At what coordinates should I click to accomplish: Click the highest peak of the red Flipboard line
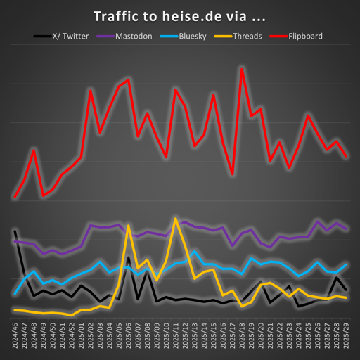pyautogui.click(x=242, y=69)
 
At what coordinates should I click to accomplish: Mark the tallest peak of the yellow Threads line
pyautogui.click(x=175, y=219)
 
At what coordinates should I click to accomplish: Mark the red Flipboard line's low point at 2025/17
pyautogui.click(x=232, y=173)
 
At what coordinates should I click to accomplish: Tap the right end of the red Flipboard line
pyautogui.click(x=346, y=156)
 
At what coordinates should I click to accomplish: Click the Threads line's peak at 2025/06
pyautogui.click(x=128, y=226)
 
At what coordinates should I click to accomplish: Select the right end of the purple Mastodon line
pyautogui.click(x=346, y=229)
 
